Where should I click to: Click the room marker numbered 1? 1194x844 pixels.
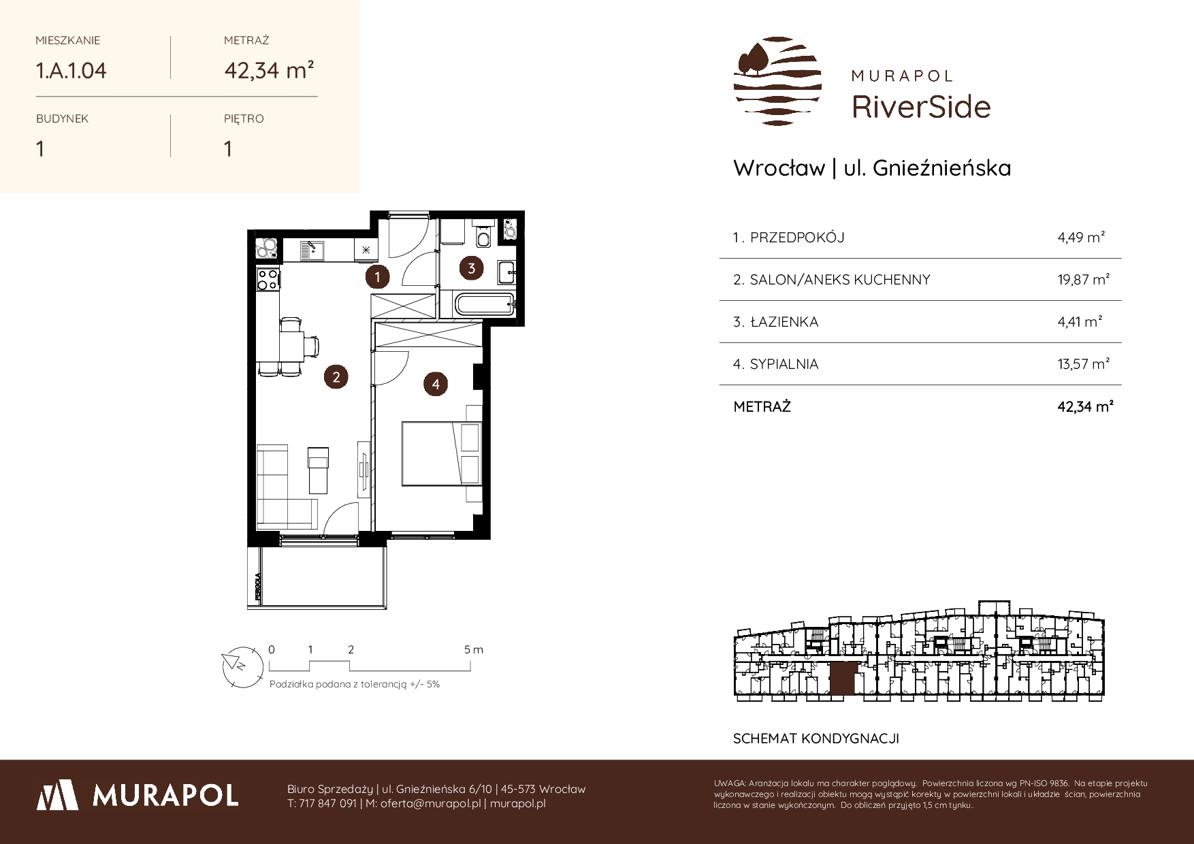pyautogui.click(x=376, y=276)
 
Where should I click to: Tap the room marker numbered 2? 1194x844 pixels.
pyautogui.click(x=336, y=376)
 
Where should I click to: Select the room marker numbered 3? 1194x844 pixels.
pyautogui.click(x=471, y=268)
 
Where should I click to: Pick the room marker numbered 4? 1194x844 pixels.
pyautogui.click(x=436, y=385)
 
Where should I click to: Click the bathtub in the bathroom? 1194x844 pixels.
pyautogui.click(x=481, y=304)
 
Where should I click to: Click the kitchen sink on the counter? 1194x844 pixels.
pyautogui.click(x=312, y=250)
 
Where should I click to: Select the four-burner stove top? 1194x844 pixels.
pyautogui.click(x=267, y=278)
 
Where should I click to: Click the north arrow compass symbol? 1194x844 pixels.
pyautogui.click(x=241, y=665)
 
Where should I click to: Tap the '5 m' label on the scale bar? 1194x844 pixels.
pyautogui.click(x=474, y=650)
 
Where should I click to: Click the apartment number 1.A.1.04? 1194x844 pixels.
pyautogui.click(x=71, y=70)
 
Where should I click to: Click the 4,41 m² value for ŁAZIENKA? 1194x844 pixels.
pyautogui.click(x=1080, y=321)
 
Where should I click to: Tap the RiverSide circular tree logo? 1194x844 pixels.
pyautogui.click(x=777, y=81)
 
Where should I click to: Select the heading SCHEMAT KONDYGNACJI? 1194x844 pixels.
pyautogui.click(x=816, y=738)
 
